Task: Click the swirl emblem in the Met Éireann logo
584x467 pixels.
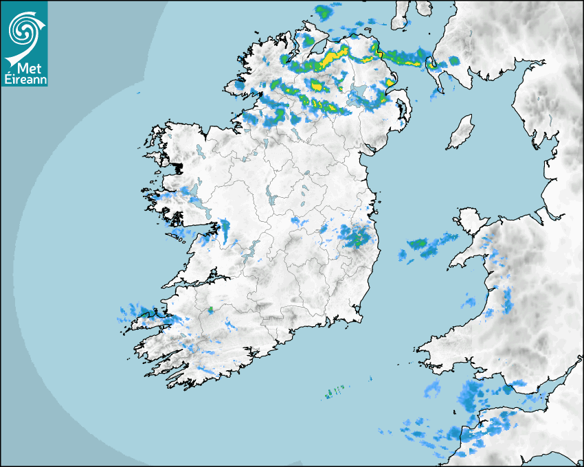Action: click(24, 27)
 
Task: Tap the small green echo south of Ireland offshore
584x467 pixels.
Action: click(334, 393)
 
